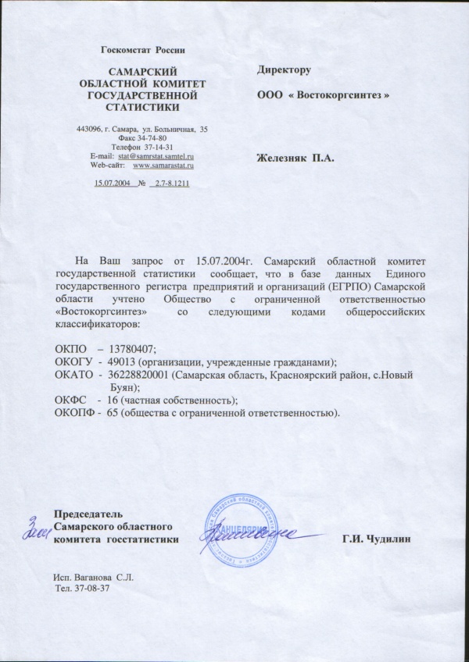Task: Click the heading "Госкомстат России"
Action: coord(143,50)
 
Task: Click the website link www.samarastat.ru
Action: coord(164,165)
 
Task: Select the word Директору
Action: coord(285,70)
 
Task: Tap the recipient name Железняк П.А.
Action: coord(295,159)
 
